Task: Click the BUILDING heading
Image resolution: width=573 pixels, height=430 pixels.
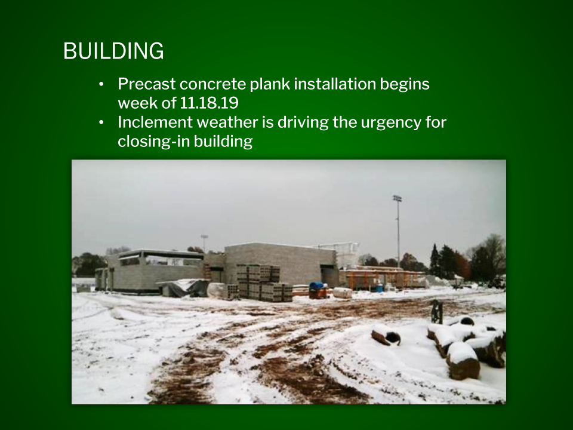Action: [x=113, y=51]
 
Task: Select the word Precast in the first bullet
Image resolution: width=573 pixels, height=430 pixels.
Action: [x=147, y=84]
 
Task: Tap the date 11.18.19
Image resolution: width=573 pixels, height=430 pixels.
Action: [x=209, y=103]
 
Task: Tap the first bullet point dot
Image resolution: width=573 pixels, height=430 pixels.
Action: [x=101, y=84]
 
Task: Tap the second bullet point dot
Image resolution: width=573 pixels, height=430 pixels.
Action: [x=101, y=122]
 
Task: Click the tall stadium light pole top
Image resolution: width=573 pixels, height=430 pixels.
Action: [x=398, y=198]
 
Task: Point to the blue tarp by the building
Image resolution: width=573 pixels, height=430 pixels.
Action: [x=317, y=285]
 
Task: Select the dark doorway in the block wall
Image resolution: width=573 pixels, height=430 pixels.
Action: [x=329, y=277]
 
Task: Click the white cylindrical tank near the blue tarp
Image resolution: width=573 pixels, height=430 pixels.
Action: [x=343, y=293]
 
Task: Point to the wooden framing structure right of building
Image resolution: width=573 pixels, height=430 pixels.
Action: [x=382, y=279]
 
